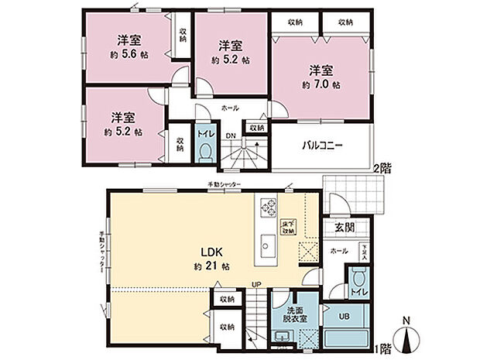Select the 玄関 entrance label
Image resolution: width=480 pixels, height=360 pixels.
[x=344, y=227]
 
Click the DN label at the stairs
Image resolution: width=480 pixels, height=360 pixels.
[x=229, y=137]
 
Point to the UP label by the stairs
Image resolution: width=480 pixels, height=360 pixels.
[x=254, y=284]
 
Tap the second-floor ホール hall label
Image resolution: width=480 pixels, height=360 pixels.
[x=230, y=109]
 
